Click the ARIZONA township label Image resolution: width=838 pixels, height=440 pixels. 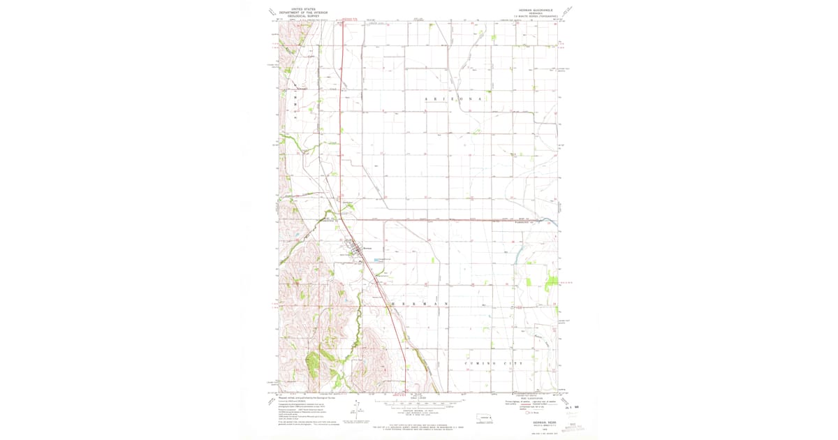tap(453, 101)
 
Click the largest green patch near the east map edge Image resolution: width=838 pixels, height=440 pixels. tap(552, 282)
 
